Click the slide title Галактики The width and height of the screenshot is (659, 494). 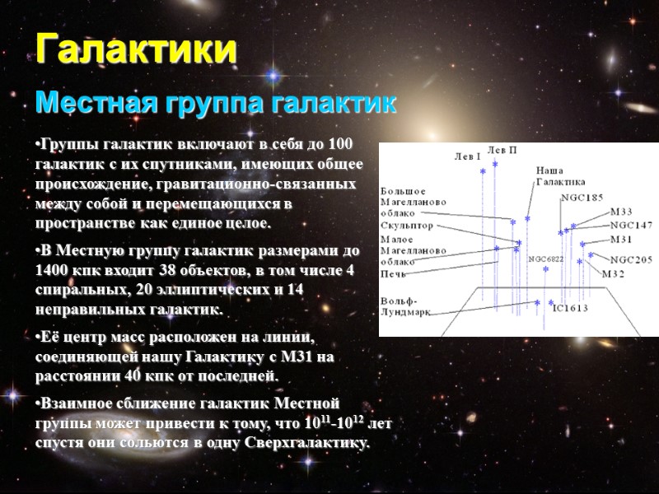(x=137, y=49)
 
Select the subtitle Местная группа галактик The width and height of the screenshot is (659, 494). (x=216, y=104)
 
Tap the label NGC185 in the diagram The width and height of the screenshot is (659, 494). (x=582, y=198)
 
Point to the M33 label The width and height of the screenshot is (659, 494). (x=621, y=212)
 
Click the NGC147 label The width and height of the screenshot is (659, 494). (x=631, y=225)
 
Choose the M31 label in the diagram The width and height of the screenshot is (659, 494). (x=621, y=240)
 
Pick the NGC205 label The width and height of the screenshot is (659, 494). (x=631, y=259)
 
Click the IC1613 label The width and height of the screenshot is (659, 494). (x=570, y=309)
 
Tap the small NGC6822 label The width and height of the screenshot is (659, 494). (x=546, y=259)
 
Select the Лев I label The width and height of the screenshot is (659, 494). (x=467, y=155)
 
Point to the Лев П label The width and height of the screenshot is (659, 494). (x=502, y=149)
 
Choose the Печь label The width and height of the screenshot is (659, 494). (x=395, y=272)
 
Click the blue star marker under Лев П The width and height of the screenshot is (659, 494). (x=495, y=165)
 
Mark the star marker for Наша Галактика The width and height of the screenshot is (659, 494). (x=527, y=219)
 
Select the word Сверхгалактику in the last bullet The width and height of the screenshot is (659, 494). (x=307, y=442)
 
